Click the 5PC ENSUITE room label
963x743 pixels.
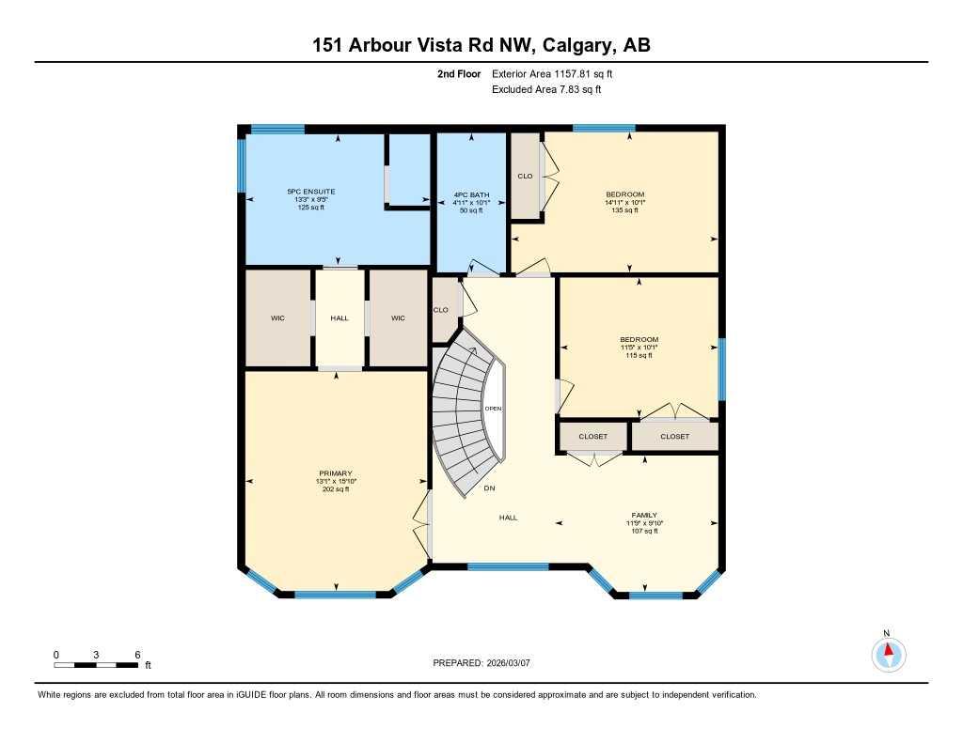click(310, 192)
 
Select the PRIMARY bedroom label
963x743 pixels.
click(335, 473)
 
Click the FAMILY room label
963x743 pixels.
click(644, 516)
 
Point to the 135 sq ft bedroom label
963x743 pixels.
click(624, 194)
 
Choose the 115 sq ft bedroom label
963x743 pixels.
click(639, 340)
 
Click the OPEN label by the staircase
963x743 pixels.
click(493, 409)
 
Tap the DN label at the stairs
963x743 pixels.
click(489, 488)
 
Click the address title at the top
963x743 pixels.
click(481, 45)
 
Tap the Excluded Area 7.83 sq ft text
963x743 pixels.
click(546, 90)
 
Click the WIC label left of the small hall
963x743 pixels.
click(277, 318)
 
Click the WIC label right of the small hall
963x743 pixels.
click(398, 318)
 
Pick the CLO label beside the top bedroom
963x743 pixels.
click(526, 176)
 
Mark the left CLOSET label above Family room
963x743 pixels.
click(592, 437)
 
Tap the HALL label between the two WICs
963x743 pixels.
click(339, 318)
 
